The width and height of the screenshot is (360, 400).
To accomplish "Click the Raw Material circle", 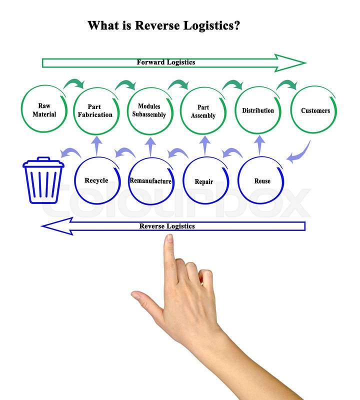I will point(44,110).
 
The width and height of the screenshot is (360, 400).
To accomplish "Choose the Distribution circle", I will point(258,110).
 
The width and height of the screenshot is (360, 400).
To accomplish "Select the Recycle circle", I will point(96,180).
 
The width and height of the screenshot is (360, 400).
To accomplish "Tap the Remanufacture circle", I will point(150,181).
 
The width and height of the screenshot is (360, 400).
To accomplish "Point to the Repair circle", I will point(204,181).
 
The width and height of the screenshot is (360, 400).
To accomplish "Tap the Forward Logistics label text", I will point(165,62).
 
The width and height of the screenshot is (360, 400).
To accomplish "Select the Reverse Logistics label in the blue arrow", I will point(166,226).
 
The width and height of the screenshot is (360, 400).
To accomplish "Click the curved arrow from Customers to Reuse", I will point(299,151).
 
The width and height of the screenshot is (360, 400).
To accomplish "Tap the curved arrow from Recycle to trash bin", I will point(69,152).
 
